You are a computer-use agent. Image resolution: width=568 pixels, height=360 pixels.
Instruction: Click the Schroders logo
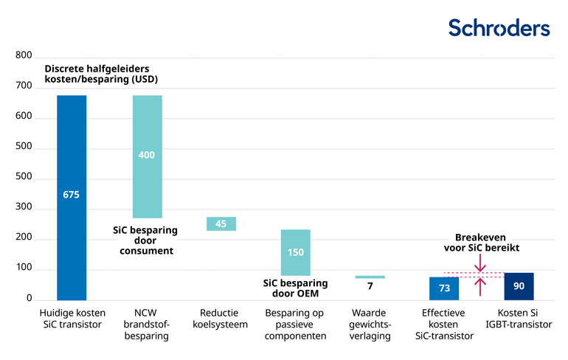[499, 27]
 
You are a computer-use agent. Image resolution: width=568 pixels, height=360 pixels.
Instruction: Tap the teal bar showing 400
[148, 156]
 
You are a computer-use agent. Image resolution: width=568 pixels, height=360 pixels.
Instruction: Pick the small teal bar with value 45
[221, 224]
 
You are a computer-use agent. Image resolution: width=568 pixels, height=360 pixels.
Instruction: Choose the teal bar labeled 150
[296, 252]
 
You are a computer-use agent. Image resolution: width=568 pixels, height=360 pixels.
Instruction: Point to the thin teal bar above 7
[370, 277]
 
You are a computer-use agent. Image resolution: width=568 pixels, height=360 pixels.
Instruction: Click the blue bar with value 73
[444, 288]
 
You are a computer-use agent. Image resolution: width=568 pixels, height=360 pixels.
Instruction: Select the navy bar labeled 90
[519, 285]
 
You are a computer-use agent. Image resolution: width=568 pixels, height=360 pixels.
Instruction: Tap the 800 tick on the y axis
[24, 56]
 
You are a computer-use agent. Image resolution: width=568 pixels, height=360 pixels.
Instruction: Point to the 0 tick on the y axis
[30, 299]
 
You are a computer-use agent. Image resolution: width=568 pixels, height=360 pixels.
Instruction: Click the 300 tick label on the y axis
[24, 207]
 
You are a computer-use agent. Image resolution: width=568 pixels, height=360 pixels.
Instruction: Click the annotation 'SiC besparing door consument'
[145, 240]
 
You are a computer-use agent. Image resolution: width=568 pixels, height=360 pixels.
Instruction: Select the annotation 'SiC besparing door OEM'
[296, 288]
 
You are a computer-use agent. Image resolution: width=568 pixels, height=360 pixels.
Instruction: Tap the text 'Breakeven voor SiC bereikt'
[480, 243]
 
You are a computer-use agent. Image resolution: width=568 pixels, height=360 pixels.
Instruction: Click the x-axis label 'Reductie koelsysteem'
[221, 319]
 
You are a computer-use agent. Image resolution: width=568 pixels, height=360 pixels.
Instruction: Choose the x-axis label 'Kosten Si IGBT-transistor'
[519, 319]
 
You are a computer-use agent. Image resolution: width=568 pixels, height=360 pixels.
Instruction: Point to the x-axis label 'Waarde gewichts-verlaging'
[370, 325]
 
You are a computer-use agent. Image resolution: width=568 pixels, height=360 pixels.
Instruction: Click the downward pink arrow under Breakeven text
[480, 262]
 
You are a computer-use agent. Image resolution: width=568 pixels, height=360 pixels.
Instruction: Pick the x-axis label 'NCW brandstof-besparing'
[148, 325]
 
